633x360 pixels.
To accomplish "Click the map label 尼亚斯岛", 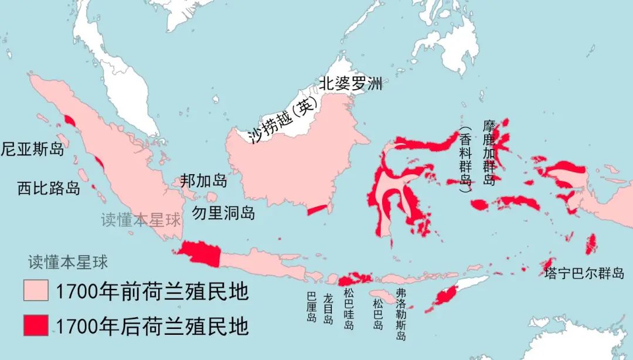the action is coord(32,148).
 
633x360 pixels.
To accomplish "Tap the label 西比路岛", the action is coord(49,188).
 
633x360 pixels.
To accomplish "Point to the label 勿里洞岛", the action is coord(223,212).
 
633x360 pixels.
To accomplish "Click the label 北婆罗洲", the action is coord(350,84).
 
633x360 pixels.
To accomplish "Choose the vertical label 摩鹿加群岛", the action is coord(489,152).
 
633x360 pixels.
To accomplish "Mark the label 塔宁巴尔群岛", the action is coord(584,274).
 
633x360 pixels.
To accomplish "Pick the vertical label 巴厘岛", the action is coord(311,307).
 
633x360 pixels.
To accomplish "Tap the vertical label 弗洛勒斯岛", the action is coord(401,314).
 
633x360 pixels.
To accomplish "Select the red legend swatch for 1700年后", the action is coord(36,325).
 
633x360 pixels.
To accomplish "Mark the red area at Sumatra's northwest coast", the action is coord(70,121).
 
